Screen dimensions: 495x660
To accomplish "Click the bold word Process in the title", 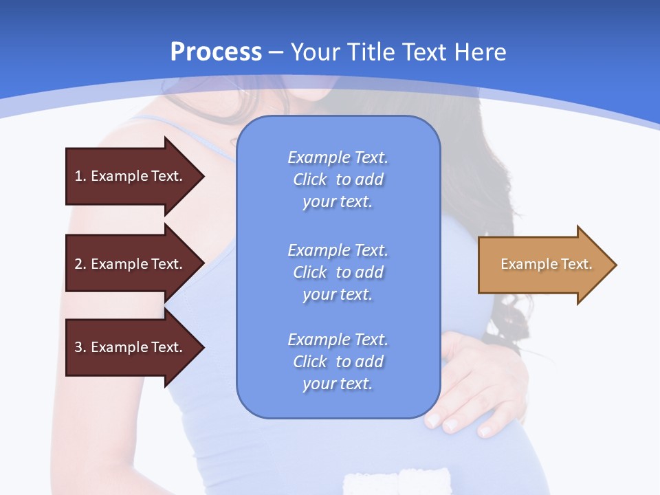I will click(x=216, y=52).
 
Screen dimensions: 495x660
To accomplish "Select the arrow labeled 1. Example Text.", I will click(x=131, y=176).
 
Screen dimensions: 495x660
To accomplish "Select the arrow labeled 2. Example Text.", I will click(x=131, y=264).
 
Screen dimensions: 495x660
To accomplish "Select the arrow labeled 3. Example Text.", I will click(x=131, y=347).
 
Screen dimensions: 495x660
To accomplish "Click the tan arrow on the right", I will click(x=543, y=265).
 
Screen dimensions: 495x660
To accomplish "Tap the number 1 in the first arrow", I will click(x=78, y=176).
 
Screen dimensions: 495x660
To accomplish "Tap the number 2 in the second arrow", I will click(x=78, y=264).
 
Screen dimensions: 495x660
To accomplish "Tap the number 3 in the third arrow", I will click(x=78, y=347).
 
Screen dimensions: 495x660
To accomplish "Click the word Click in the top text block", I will click(x=310, y=180).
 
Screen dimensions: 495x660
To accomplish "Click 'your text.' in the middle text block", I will click(x=338, y=294).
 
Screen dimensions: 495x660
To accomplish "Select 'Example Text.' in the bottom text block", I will click(x=338, y=340).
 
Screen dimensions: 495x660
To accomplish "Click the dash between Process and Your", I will click(x=276, y=52).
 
